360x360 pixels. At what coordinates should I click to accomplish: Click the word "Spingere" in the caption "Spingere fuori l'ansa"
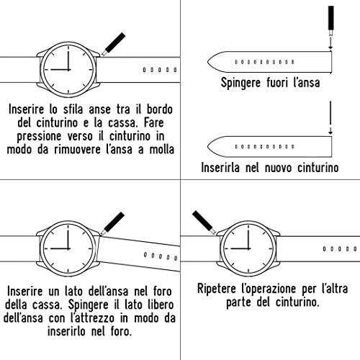tap(240, 83)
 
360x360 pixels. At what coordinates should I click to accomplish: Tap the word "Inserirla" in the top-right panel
tap(220, 167)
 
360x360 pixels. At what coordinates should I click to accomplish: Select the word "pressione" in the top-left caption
tap(39, 137)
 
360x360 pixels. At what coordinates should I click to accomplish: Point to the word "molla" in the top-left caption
tap(162, 150)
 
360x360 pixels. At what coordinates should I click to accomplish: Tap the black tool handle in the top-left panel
tap(115, 42)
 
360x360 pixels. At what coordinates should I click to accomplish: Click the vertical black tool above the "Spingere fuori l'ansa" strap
tap(331, 18)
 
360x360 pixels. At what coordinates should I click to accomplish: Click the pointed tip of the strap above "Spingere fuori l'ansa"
tap(208, 62)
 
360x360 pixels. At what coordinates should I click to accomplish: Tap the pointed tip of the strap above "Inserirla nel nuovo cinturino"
tap(208, 147)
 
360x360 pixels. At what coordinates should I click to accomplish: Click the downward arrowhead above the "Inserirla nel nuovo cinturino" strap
tap(330, 132)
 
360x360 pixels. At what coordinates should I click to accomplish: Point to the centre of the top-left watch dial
tap(68, 70)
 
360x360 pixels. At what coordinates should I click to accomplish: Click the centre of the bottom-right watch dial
tap(248, 248)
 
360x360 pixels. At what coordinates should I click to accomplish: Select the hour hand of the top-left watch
tap(60, 70)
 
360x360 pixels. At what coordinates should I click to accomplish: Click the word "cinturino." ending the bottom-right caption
tap(297, 302)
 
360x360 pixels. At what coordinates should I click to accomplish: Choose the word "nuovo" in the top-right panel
tap(279, 168)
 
